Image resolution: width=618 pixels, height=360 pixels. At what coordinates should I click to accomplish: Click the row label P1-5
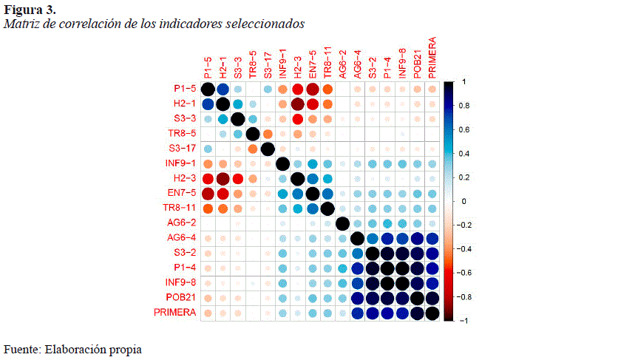(x=185, y=89)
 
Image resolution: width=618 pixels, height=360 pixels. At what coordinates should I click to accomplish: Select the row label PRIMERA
(x=175, y=313)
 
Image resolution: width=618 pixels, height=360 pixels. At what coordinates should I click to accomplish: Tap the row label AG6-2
(x=182, y=223)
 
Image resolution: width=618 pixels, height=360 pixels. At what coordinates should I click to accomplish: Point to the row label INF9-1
(x=180, y=163)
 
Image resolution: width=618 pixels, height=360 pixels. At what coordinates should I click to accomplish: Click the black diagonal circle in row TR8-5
(x=252, y=134)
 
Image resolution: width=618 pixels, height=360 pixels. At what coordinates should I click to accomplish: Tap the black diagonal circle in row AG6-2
(x=342, y=223)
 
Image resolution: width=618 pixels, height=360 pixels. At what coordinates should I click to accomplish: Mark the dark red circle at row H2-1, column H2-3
(x=297, y=104)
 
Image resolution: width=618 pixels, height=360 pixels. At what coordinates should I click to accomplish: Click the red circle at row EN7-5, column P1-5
(x=208, y=194)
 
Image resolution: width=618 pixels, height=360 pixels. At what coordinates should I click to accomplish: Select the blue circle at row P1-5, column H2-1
(x=223, y=89)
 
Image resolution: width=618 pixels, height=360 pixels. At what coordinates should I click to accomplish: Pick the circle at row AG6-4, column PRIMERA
(x=431, y=238)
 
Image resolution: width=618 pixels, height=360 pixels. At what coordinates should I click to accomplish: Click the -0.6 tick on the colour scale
(x=464, y=272)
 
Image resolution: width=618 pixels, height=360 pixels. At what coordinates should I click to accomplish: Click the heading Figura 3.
(x=30, y=9)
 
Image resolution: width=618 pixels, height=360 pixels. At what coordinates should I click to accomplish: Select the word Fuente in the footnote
(x=22, y=348)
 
